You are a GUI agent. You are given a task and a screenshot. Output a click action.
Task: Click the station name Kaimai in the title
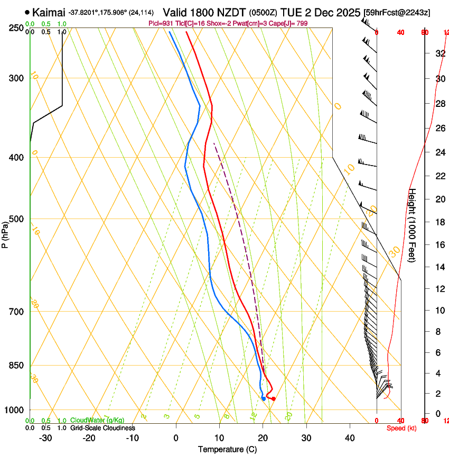[x=49, y=12]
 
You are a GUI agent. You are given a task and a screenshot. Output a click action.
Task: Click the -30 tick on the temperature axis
[x=45, y=438]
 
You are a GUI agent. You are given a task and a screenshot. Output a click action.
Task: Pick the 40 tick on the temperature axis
[x=349, y=438]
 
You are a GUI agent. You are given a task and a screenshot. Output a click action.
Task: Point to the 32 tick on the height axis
[x=439, y=53]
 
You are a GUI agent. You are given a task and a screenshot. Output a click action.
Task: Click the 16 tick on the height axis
[x=439, y=244]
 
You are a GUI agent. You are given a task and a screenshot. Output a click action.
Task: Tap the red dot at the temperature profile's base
[x=273, y=398]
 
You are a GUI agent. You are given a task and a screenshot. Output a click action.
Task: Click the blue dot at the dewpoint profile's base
[x=264, y=398]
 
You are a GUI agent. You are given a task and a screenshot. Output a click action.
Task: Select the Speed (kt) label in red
[x=401, y=428]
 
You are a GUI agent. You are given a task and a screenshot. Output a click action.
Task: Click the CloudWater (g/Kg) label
[x=97, y=421]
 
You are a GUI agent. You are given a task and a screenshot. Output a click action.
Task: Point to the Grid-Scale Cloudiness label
[x=102, y=428]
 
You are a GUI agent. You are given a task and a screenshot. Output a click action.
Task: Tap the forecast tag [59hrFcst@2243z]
[x=397, y=12]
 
